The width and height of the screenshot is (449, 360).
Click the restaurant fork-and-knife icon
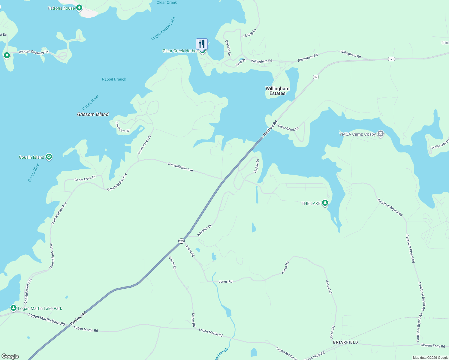(202, 44)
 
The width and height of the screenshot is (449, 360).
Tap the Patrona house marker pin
(79, 8)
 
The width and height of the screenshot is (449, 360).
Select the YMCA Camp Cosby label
(357, 134)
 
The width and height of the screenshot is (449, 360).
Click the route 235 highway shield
(181, 241)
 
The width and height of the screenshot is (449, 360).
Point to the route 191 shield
(391, 59)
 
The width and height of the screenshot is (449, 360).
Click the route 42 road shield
(315, 77)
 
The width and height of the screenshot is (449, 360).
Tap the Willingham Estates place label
(277, 91)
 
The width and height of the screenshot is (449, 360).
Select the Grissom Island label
(93, 114)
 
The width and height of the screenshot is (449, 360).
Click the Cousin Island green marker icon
(49, 157)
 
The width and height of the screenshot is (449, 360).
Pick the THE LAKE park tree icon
(325, 203)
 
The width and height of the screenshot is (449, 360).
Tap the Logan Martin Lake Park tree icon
(13, 308)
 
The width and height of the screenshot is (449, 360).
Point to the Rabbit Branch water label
(114, 79)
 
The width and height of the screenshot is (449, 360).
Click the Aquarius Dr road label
(204, 230)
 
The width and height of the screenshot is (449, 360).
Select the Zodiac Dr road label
(257, 166)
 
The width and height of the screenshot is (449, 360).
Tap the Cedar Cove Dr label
(85, 178)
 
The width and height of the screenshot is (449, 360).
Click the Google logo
(10, 356)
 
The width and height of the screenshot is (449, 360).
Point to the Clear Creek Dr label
(288, 128)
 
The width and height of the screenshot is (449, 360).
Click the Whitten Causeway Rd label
(34, 52)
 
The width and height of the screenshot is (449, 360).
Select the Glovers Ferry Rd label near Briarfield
(432, 346)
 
